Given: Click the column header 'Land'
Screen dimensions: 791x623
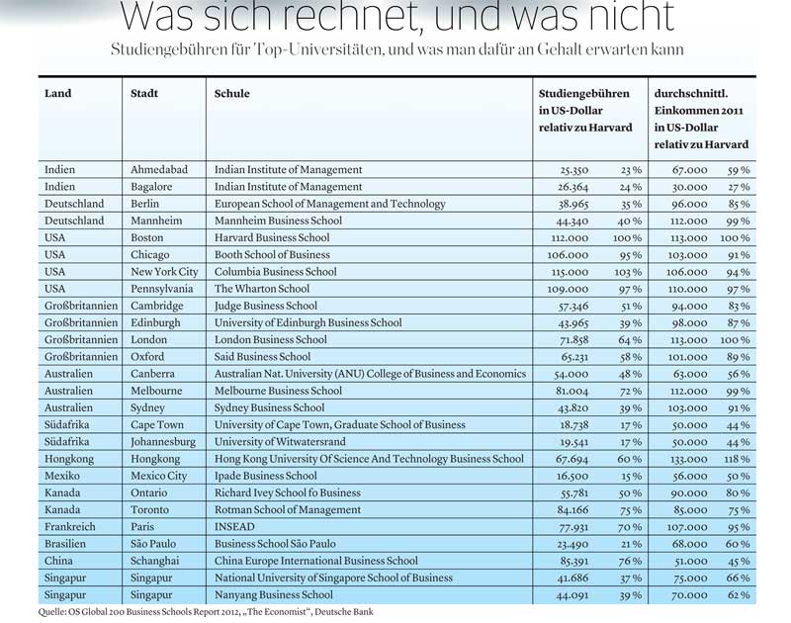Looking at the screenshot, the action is coord(57,93).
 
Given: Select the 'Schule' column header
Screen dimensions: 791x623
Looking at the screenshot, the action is coord(231,93).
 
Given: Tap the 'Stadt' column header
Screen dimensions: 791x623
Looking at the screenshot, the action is coord(143,93).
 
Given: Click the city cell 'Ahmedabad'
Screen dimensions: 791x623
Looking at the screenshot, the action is coord(159,169).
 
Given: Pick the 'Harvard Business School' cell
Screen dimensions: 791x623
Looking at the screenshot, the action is coord(272,237).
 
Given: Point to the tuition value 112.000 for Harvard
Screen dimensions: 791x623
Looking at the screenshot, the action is coord(570,238).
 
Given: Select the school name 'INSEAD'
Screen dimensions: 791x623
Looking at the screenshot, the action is coord(234,527).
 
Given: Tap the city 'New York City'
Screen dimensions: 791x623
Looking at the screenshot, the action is coord(164,272).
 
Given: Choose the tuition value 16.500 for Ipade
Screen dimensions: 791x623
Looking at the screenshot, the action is coord(572,477).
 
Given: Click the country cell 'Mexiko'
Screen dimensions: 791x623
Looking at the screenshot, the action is coord(62,476).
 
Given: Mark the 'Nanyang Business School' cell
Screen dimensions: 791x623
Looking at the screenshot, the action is coord(274,594).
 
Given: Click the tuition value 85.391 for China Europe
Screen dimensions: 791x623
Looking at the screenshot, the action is coord(572,561).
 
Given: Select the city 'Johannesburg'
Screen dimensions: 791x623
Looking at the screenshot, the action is coord(163,442).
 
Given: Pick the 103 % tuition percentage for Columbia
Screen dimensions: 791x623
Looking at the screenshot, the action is coord(628,272).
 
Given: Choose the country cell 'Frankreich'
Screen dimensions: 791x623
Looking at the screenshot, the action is coord(69,527).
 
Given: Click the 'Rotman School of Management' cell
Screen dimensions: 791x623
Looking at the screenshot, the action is coord(288,510).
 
